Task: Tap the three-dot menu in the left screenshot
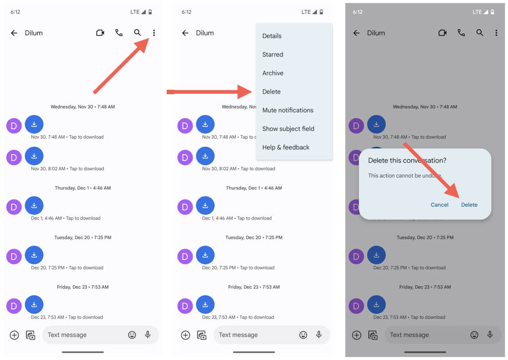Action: tap(154, 33)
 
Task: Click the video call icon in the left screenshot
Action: tap(100, 33)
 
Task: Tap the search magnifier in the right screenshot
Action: tap(480, 33)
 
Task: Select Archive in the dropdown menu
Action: tap(273, 73)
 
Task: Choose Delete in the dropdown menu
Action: tap(271, 92)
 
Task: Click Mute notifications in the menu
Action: tap(288, 110)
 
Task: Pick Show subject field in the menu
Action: tap(288, 129)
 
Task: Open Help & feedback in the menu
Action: tap(286, 147)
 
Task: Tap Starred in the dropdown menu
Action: tap(272, 55)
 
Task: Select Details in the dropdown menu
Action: tap(272, 36)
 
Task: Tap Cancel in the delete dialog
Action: tap(440, 205)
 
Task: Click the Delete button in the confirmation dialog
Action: tap(469, 205)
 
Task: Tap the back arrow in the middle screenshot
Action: tap(186, 33)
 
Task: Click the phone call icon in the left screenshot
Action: tap(119, 33)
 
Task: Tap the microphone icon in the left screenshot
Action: tap(148, 334)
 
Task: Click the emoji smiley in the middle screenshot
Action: tap(303, 335)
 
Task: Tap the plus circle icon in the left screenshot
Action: tap(14, 335)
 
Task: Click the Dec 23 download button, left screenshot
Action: tap(34, 304)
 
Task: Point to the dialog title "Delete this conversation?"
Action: tap(407, 160)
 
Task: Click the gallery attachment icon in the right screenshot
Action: tap(373, 335)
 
